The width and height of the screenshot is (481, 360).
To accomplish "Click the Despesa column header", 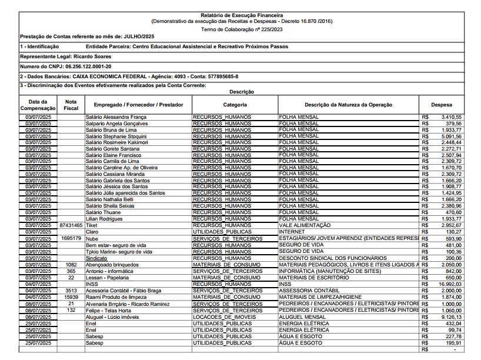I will click(442, 105).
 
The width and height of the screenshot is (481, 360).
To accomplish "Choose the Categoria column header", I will click(235, 105).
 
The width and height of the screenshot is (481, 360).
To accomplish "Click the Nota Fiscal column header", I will click(71, 105).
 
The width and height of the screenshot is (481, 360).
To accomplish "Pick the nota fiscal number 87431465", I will click(71, 225).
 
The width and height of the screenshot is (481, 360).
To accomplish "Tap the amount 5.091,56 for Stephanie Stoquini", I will click(450, 136).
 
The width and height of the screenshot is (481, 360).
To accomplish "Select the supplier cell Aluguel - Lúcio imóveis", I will click(112, 316).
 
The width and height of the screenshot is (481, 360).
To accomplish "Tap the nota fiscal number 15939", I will click(71, 296).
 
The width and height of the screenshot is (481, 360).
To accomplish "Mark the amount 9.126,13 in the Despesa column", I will click(450, 316).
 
